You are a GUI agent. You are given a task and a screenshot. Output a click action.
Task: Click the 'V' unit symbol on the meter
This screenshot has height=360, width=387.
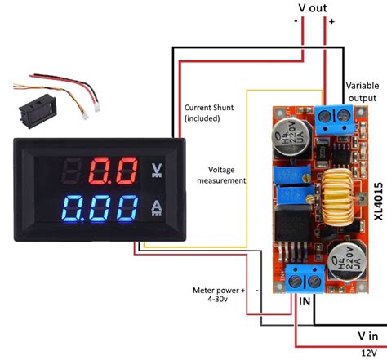point(158,171)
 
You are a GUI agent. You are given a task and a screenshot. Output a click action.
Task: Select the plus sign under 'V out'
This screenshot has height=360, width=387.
point(332,22)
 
